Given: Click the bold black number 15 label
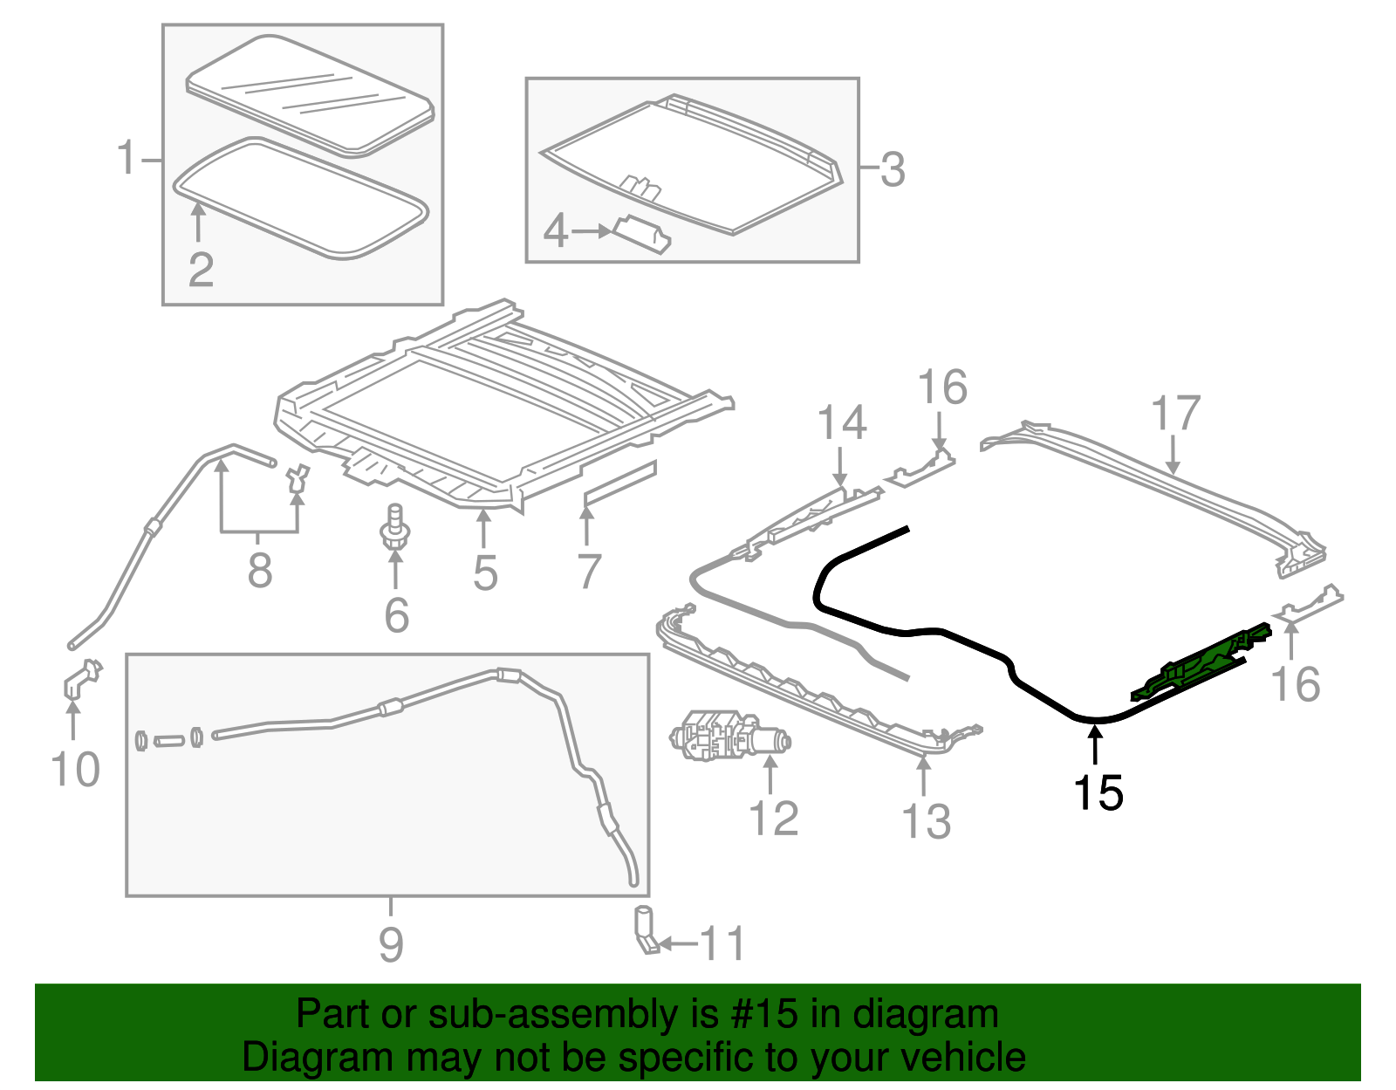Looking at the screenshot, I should (1098, 792).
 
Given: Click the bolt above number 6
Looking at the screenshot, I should (395, 527).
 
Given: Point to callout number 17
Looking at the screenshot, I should (1175, 414).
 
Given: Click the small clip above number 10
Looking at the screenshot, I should (80, 679).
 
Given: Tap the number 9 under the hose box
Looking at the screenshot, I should (391, 943).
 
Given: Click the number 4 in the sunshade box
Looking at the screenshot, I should (556, 231).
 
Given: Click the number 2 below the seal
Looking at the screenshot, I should (201, 270).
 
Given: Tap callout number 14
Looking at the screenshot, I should (841, 422).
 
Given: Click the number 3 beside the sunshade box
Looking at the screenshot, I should (892, 169).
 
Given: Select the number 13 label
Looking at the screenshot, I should (926, 821).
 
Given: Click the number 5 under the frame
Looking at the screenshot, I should (485, 573).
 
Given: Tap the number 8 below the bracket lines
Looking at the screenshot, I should (259, 571).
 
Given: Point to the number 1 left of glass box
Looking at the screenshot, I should (128, 159).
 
